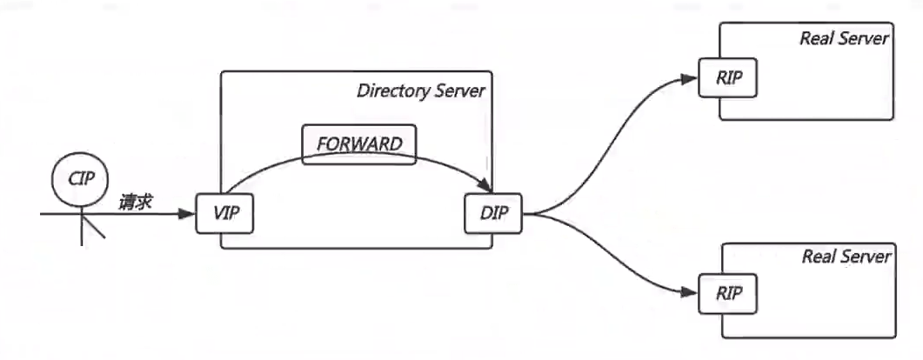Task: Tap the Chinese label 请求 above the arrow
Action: (x=136, y=203)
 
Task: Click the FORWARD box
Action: (x=358, y=144)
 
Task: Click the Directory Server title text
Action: (x=420, y=91)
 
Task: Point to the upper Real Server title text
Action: (x=843, y=38)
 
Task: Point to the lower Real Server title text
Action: (x=846, y=257)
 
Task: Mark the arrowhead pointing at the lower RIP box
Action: (x=690, y=290)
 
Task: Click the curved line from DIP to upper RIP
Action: (x=613, y=148)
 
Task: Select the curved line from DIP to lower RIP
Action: (x=613, y=257)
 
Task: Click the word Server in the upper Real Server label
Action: (x=865, y=38)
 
